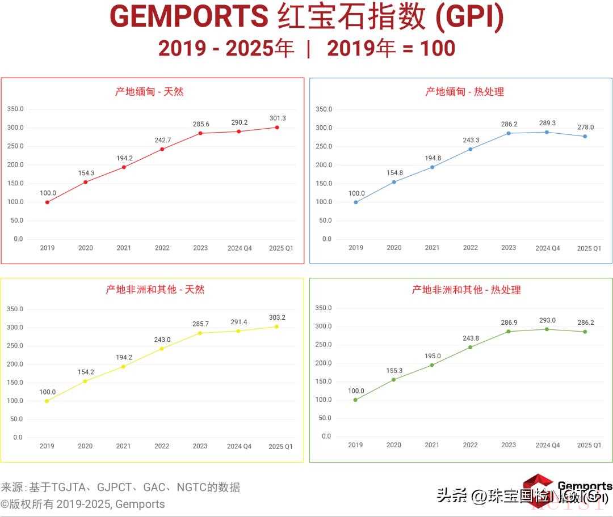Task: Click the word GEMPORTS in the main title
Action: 189,17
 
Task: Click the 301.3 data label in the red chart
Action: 277,118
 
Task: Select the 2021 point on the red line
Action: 124,167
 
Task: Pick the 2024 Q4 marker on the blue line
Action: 547,132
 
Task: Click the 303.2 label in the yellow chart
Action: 277,317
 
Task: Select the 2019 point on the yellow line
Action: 47,401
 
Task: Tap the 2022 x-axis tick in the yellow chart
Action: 162,446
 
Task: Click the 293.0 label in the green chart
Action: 547,320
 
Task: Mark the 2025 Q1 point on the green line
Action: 585,332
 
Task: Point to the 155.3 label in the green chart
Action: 393,371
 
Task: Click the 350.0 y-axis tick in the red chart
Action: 15,109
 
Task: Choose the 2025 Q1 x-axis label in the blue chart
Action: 589,248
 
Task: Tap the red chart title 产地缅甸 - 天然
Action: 149,91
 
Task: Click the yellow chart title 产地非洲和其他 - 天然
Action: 155,289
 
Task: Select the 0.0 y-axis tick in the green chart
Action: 326,437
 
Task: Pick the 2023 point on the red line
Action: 200,133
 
